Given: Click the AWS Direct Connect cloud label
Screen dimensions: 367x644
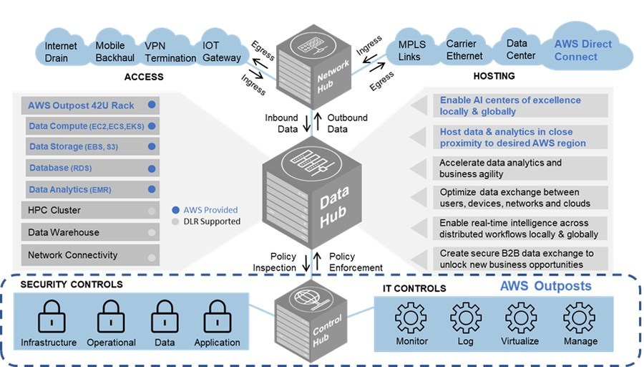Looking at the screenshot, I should point(582,50).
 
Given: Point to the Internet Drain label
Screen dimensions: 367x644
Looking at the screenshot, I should point(61,52).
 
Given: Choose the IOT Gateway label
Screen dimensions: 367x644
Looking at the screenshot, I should point(221,52).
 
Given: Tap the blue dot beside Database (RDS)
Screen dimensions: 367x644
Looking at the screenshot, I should point(151,169).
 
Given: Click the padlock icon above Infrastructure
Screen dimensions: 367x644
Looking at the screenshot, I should point(49,315).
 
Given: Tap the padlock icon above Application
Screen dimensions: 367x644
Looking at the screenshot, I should point(217,315).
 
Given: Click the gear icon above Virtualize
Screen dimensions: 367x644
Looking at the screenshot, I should point(520,317).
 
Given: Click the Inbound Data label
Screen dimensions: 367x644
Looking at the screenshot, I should point(281,123).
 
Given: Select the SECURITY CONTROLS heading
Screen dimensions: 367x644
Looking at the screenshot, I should point(72,285).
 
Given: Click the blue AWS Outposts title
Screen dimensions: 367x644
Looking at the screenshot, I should point(545,286).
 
